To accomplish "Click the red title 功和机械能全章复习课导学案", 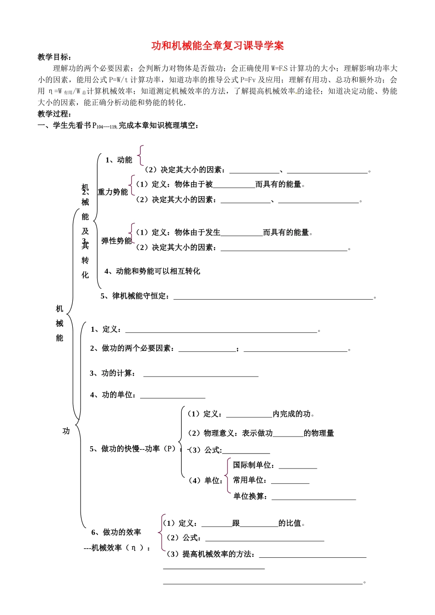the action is pos(217,46).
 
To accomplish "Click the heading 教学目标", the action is pos(54,57).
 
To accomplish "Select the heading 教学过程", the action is pos(54,114).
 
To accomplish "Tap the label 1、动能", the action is pos(119,160).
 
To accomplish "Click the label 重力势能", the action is pos(113,192).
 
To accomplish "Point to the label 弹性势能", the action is pos(116,241).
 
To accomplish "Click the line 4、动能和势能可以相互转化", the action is pos(152,271).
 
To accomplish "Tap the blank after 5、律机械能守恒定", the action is pos(273,297).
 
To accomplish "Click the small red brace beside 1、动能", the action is pos(141,156).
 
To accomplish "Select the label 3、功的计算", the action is pos(112,373).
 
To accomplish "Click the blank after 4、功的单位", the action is pos(173,395).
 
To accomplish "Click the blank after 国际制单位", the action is pos(298,466).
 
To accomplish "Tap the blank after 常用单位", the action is pos(290,481).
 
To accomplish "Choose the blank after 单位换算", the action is pos(314,497).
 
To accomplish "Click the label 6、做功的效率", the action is pos(116,532).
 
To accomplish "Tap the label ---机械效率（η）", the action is pos(117,548).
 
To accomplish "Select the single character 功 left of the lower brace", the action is pos(66,431).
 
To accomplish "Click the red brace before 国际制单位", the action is pos(228,475).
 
